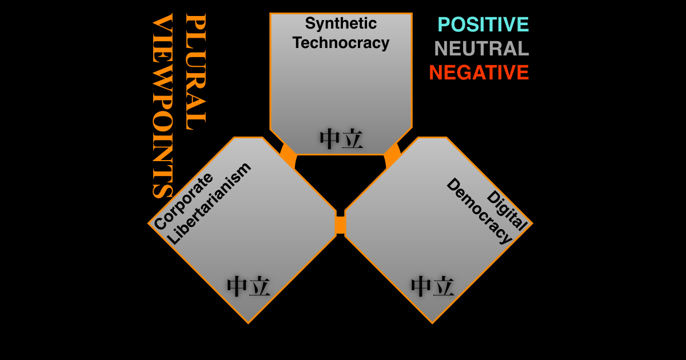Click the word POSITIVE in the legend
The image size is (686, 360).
point(483,25)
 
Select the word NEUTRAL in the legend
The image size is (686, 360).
point(481,49)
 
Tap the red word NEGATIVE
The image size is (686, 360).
point(479,73)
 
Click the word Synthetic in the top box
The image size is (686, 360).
point(341,24)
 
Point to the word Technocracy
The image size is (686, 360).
point(341,42)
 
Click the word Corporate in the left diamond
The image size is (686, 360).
point(183,201)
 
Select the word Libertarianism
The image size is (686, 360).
point(209,203)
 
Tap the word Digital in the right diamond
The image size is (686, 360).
point(507,210)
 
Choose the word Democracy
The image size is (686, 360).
point(479,211)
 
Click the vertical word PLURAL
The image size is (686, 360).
point(196,71)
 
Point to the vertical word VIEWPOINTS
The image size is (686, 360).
point(162,106)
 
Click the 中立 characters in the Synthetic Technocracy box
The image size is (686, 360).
point(341,139)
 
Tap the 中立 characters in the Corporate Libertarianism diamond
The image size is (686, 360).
point(248,286)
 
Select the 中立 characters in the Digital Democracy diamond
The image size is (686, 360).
point(432,286)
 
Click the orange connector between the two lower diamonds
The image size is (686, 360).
point(341,225)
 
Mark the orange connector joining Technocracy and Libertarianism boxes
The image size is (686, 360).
point(289,155)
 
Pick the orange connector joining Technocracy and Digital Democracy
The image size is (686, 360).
point(392,155)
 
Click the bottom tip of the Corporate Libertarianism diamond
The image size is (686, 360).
point(248,323)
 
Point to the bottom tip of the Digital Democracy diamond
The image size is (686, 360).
point(432,323)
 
